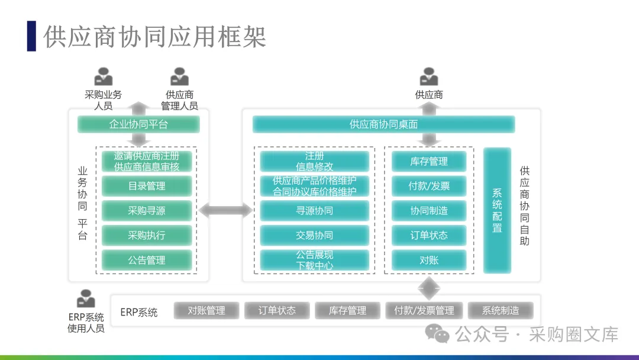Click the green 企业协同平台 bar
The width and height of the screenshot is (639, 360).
click(x=138, y=124)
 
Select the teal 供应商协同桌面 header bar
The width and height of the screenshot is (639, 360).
click(x=383, y=124)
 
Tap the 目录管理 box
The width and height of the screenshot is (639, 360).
click(x=147, y=186)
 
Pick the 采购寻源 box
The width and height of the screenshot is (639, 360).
click(x=147, y=211)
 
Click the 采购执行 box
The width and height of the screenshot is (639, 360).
click(x=147, y=235)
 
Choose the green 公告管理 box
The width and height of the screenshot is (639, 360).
click(x=147, y=260)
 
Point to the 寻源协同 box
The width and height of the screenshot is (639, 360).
click(x=315, y=211)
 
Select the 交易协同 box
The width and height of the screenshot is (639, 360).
click(x=315, y=235)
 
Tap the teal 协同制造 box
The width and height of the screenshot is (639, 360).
click(x=429, y=211)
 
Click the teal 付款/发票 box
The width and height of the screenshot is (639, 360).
click(x=429, y=186)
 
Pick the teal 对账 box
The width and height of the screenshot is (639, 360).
click(x=429, y=260)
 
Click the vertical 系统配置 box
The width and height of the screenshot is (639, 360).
click(x=497, y=210)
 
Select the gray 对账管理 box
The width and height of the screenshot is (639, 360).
click(x=206, y=311)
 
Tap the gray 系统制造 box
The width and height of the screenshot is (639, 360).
click(x=501, y=311)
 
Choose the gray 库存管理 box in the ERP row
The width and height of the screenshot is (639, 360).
click(x=348, y=311)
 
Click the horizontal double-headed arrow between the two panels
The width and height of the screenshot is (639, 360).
click(x=226, y=210)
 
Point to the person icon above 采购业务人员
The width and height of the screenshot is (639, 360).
click(x=103, y=76)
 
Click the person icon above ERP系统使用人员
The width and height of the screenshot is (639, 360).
click(x=86, y=298)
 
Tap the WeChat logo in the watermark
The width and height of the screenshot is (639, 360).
click(x=437, y=333)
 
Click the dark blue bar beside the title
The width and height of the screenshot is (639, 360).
click(x=31, y=36)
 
